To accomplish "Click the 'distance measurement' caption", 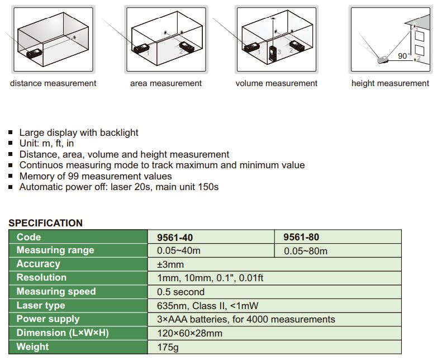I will tap(53, 83).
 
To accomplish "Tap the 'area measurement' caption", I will tap(166, 83).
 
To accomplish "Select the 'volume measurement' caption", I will tap(276, 83).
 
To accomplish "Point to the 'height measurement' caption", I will tap(390, 83).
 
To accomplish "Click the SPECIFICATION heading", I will tap(45, 223).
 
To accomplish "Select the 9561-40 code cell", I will tap(175, 237).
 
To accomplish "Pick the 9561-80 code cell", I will tap(302, 237).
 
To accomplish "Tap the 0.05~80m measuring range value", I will tap(306, 251).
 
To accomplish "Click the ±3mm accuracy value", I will tap(170, 264).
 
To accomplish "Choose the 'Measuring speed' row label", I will tap(56, 291).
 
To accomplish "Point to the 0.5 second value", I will tap(180, 292).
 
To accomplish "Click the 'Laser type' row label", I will tap(41, 305).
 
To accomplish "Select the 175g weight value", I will tap(167, 347).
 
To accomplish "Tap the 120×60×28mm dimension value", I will tap(190, 333).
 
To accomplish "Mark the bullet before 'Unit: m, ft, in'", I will tap(11, 144).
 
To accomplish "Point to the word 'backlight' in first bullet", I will tap(119, 133).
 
